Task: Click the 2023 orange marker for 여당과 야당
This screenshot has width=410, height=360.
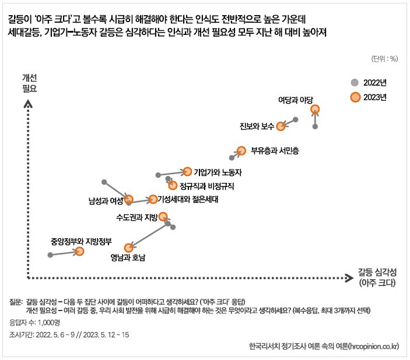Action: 315,109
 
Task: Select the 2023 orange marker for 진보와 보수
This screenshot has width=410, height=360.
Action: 281,126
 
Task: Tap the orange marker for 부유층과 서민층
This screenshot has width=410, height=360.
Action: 241,150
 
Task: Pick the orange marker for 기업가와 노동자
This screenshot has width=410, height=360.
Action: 187,171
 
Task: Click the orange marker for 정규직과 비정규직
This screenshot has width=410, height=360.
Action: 173,185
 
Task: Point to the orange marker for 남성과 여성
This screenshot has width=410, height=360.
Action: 129,199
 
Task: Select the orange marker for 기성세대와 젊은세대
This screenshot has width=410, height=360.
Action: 153,199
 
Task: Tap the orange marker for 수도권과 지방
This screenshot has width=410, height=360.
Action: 163,216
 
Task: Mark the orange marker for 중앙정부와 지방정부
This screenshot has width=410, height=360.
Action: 79,251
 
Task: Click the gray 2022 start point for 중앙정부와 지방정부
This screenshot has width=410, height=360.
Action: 50,255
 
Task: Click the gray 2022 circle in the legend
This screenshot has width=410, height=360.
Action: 355,82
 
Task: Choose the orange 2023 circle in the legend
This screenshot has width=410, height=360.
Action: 355,97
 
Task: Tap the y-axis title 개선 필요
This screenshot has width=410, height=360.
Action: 29,83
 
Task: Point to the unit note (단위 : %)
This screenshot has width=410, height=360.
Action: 384,58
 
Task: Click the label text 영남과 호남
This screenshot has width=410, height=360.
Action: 128,257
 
